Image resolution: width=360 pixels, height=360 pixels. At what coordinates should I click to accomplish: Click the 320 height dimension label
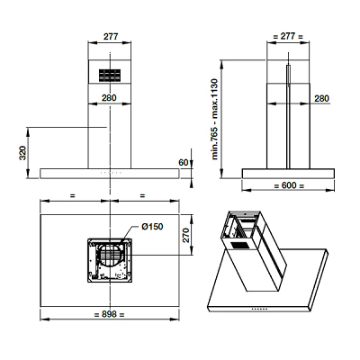23,153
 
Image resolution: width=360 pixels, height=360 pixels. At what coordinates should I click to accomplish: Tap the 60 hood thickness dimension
184,163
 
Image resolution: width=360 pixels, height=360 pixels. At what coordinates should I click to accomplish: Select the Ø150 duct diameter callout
152,227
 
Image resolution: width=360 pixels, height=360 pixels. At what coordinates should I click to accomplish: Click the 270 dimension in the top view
185,235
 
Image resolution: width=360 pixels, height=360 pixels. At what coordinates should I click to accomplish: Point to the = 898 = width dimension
109,314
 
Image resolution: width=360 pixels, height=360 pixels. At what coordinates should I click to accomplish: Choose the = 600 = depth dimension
289,185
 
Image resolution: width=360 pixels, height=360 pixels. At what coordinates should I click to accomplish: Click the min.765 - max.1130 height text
215,119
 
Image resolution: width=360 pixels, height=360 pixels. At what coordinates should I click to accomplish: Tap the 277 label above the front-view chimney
111,37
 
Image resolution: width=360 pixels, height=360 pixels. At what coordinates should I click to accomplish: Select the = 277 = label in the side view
288,37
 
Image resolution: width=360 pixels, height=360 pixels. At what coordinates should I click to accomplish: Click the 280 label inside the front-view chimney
109,98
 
